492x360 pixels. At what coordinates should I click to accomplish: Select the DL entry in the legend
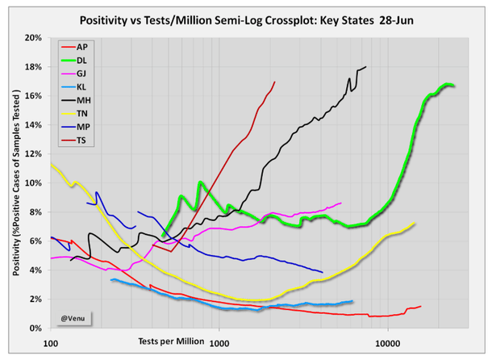82,61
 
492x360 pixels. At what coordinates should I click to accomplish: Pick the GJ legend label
82,74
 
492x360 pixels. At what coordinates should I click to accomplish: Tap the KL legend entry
82,87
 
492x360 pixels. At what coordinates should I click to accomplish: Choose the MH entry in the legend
83,100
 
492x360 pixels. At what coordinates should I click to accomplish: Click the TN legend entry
82,114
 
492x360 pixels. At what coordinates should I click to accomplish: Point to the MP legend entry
83,127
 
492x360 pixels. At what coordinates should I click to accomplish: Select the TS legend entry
82,140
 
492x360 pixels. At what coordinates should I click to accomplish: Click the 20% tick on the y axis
32,38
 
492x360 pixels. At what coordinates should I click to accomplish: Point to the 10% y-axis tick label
32,183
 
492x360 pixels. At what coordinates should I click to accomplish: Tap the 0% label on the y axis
35,329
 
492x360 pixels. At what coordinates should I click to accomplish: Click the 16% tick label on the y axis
32,96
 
